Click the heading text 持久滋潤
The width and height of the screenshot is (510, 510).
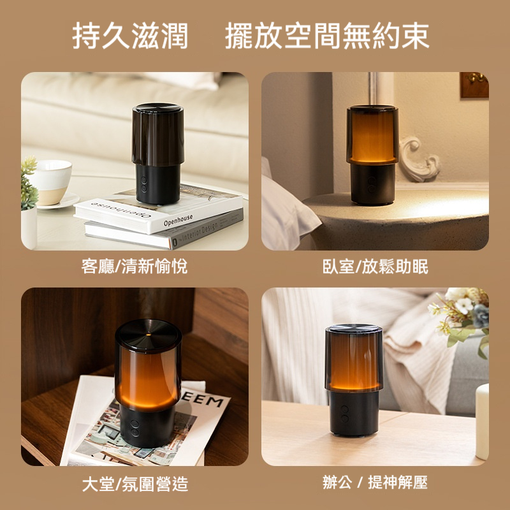[130, 36]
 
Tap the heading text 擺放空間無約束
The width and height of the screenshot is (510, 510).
[327, 36]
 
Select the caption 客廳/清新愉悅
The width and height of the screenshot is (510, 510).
[135, 266]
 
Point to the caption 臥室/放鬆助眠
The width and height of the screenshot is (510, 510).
[375, 266]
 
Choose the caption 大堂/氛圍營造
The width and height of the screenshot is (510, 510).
[135, 484]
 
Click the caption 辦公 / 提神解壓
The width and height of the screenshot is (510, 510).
[375, 482]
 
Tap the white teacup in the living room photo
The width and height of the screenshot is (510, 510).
[52, 182]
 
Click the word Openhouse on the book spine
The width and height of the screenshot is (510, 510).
[178, 220]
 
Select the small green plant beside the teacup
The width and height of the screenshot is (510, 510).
[29, 184]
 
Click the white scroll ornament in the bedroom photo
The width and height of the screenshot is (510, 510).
[419, 159]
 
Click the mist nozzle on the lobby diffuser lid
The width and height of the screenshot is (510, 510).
[149, 334]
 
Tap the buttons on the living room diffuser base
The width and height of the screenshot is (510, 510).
[144, 184]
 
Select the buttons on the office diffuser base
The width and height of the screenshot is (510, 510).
[344, 414]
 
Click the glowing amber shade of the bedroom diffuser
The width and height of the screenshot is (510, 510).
[372, 135]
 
